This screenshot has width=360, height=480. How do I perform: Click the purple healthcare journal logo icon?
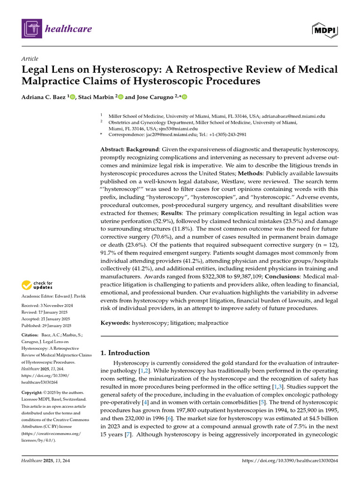pos(31,29)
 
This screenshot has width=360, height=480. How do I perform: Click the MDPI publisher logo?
pos(325,30)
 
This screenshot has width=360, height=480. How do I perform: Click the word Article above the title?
pos(30,59)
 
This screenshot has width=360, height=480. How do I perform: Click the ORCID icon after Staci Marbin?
pos(120,97)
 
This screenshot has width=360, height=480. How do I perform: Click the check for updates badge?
pos(36,285)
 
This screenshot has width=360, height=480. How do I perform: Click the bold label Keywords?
pos(115,323)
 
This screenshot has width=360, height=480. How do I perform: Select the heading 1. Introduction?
pos(126,352)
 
